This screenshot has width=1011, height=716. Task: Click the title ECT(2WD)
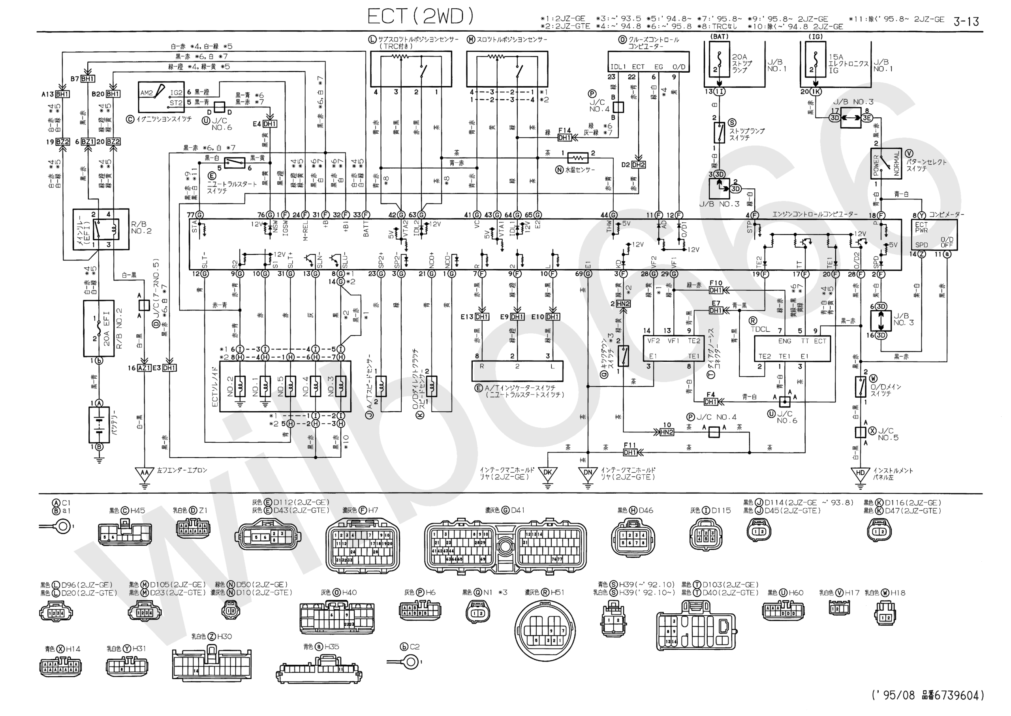pyautogui.click(x=421, y=17)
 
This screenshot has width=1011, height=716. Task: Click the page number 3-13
pyautogui.click(x=966, y=21)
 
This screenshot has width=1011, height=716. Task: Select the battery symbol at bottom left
pyautogui.click(x=99, y=424)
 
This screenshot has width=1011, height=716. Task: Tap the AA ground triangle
pyautogui.click(x=144, y=473)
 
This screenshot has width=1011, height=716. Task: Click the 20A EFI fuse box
pyautogui.click(x=99, y=328)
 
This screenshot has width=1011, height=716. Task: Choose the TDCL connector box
pyautogui.click(x=792, y=348)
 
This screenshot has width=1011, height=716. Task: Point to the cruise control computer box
pyautogui.click(x=647, y=61)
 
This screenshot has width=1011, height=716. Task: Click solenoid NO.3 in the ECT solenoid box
pyautogui.click(x=340, y=386)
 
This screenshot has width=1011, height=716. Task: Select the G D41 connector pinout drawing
pyautogui.click(x=505, y=547)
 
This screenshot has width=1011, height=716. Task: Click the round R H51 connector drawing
pyautogui.click(x=545, y=630)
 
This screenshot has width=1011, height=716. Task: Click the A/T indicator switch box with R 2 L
pyautogui.click(x=517, y=371)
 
